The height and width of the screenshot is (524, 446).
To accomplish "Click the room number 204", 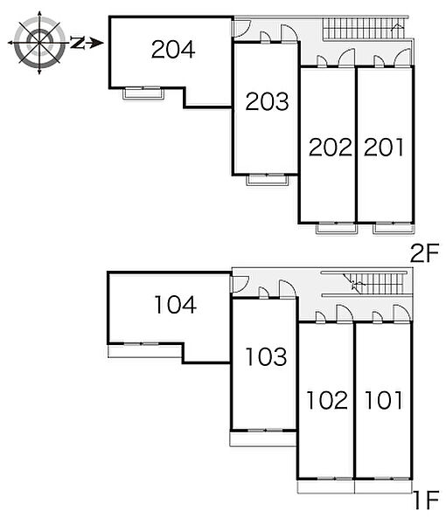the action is pyautogui.click(x=173, y=50).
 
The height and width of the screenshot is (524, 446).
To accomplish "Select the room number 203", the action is pyautogui.click(x=267, y=101).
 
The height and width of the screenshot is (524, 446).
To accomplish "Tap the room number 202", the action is pyautogui.click(x=331, y=147).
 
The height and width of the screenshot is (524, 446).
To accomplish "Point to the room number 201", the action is pyautogui.click(x=384, y=147).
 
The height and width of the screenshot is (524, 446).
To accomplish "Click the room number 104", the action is pyautogui.click(x=175, y=305).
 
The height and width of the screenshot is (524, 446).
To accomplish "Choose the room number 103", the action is pyautogui.click(x=267, y=356).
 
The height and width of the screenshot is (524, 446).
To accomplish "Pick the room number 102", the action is pyautogui.click(x=327, y=400).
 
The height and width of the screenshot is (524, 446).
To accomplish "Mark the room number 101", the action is pyautogui.click(x=383, y=400).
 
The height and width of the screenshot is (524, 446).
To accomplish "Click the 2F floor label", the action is pyautogui.click(x=425, y=253).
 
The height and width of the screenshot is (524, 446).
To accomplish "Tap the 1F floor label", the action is pyautogui.click(x=426, y=500).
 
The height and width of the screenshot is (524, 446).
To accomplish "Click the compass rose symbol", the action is pyautogui.click(x=39, y=43).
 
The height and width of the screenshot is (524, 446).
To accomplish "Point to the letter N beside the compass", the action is pyautogui.click(x=77, y=43).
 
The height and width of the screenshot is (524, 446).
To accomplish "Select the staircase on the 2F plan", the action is pyautogui.click(x=364, y=29).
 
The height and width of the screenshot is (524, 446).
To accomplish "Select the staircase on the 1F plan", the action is pyautogui.click(x=375, y=284).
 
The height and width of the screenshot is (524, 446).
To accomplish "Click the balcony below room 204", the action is pyautogui.click(x=143, y=93).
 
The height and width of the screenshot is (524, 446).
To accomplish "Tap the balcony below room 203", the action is pyautogui.click(x=267, y=180).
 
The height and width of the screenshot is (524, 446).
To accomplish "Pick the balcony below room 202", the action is pyautogui.click(x=337, y=229).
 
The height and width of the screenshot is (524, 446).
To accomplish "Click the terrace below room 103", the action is pyautogui.click(x=263, y=438).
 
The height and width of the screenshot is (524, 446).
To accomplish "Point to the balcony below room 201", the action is pyautogui.click(x=394, y=229).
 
